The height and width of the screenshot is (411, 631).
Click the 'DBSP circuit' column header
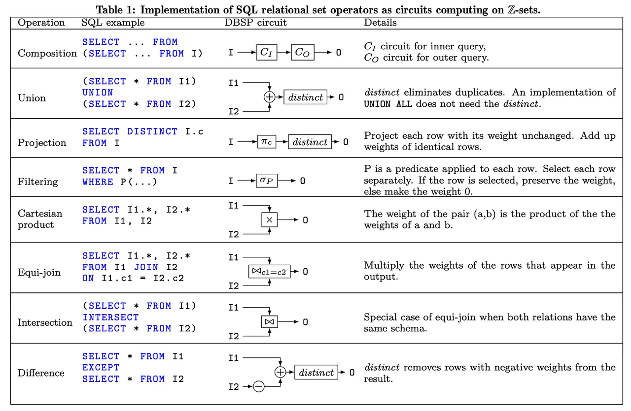[x=256, y=23]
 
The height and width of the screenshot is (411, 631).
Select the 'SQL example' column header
[x=113, y=23]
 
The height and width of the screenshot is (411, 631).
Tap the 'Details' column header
[x=380, y=23]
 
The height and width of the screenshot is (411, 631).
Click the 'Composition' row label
[x=47, y=53]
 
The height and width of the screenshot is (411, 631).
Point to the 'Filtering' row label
[x=37, y=182]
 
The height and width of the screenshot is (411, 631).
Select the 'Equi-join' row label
[x=39, y=272]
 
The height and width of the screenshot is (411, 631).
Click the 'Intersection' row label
[x=45, y=322]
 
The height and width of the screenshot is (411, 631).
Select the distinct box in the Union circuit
[x=306, y=97]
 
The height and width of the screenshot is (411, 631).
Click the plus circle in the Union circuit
[x=270, y=97]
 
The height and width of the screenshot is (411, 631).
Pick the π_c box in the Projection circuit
[x=266, y=142]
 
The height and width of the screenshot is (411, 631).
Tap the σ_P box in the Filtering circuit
[x=266, y=181]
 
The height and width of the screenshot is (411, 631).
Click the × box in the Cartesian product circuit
[x=270, y=220]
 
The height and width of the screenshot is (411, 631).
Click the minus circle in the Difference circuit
[x=259, y=387]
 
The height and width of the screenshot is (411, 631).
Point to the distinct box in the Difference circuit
[x=316, y=373]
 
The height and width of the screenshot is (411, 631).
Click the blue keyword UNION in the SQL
[x=98, y=93]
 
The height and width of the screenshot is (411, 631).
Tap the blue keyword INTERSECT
[x=110, y=317]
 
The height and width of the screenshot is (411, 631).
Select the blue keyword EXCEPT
[x=101, y=368]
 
